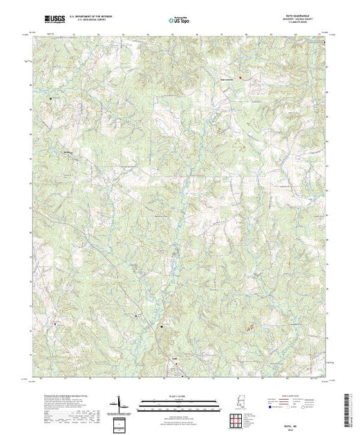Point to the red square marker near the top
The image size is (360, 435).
pyautogui.click(x=240, y=77)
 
